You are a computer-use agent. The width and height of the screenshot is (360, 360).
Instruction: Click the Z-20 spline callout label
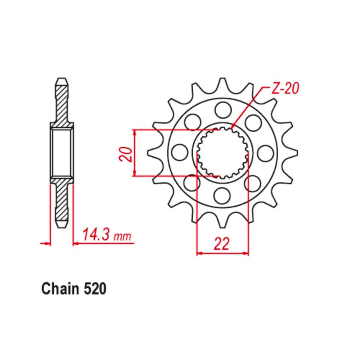click(285, 89)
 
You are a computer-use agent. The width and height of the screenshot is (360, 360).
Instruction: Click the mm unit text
click(123, 236)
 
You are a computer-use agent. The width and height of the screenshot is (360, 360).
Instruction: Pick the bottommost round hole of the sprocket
click(222, 195)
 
